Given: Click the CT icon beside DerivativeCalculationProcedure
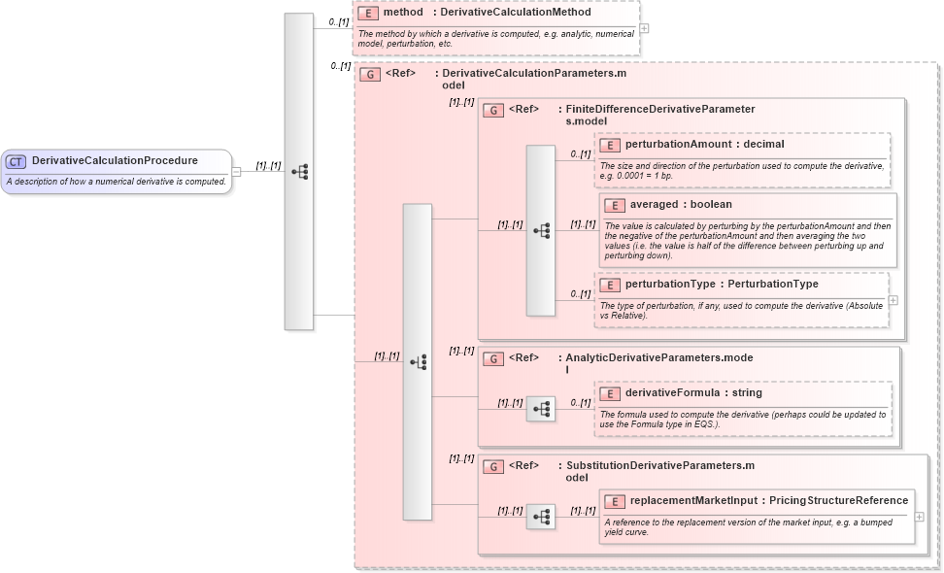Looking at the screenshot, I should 17,161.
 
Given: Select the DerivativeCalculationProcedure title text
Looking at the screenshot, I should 115,161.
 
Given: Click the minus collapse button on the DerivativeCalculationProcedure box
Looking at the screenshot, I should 236,172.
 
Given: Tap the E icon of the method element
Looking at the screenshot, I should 367,13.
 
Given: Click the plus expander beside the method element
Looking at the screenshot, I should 644,28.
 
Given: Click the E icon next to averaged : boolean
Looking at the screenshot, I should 614,205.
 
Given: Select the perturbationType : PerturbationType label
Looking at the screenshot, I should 721,285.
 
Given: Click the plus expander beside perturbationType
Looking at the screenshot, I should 893,300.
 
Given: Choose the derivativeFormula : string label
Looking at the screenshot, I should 692,393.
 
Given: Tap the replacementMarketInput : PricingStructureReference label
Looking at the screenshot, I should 768,501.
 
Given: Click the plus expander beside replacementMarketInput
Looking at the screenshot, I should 919,516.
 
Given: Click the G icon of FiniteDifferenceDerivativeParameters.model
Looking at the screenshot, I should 493,111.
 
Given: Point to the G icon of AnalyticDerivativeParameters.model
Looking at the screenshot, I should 493,358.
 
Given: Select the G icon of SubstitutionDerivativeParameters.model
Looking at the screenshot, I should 493,466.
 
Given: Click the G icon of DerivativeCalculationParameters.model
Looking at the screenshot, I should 369,74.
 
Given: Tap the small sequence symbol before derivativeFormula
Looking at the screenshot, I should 541,409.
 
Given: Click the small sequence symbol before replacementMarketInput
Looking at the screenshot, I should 541,517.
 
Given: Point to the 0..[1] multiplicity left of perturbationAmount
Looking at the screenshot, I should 581,154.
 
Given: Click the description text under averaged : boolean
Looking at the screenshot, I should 746,241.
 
